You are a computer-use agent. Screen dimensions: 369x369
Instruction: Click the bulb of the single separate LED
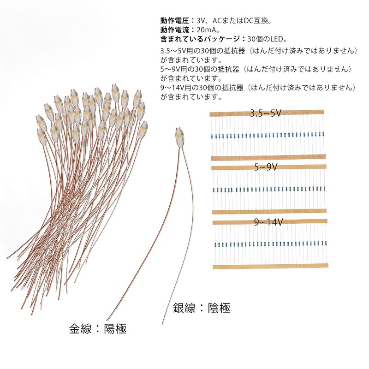point(179,136)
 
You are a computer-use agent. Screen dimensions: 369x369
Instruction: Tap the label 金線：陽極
point(97,329)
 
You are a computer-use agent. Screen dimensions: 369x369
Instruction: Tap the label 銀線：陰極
point(201,308)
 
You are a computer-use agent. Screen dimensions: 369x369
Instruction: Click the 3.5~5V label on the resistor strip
point(265,113)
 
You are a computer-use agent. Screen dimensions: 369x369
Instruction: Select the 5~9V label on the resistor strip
point(265,167)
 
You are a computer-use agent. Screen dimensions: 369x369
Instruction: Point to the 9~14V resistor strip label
point(268,222)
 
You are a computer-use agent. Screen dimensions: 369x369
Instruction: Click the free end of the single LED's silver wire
point(162,324)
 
